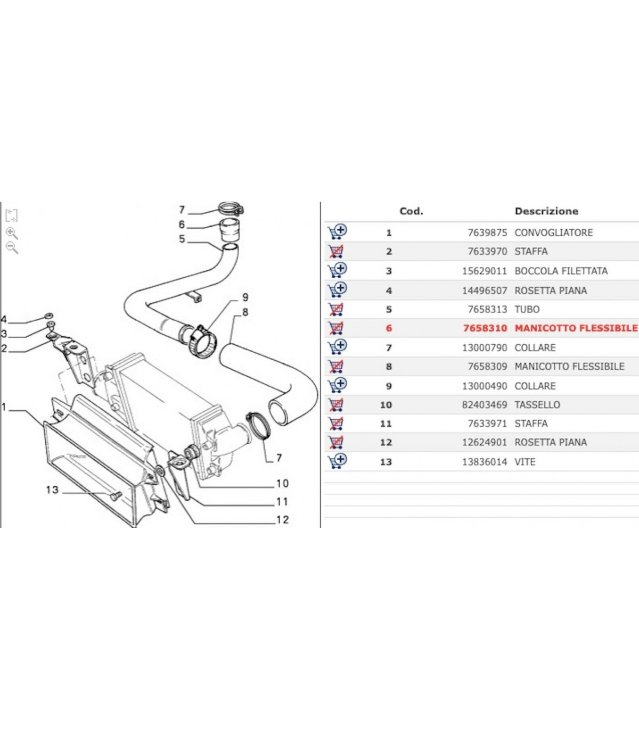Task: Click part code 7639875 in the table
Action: (487, 233)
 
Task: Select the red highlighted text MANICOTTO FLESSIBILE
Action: (576, 328)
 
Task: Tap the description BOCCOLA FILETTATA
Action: (561, 271)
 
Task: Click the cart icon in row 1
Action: (337, 231)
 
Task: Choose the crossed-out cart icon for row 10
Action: (336, 404)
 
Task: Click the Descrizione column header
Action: (546, 211)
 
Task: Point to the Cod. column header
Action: (411, 211)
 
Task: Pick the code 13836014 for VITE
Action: (485, 462)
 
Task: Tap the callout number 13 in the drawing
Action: (52, 490)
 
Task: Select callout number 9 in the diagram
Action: (245, 297)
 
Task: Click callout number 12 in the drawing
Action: (282, 520)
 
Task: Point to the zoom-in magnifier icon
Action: (12, 233)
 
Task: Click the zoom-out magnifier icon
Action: (12, 247)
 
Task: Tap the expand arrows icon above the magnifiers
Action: (11, 215)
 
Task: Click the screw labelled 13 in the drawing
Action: (116, 496)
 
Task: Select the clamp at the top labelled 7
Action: (231, 208)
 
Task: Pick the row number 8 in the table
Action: (389, 367)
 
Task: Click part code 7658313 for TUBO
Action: (487, 309)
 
